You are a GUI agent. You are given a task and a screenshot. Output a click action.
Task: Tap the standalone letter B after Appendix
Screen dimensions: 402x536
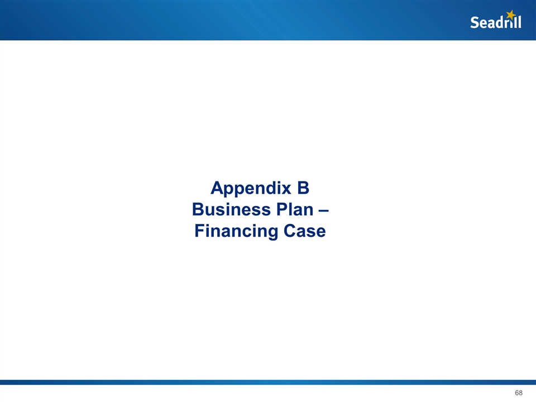coord(302,188)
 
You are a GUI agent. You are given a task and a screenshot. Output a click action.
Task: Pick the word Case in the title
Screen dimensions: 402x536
coord(303,231)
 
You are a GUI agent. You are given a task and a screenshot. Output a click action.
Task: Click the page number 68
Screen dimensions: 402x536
coord(519,393)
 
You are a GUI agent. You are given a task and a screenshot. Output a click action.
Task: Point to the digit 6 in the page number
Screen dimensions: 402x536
coord(516,393)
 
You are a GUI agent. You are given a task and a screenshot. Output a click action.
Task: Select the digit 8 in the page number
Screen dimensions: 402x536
coord(521,393)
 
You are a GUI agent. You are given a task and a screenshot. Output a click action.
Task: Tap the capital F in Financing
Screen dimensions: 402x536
coord(199,231)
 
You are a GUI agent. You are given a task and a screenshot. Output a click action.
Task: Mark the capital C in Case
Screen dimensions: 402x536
coord(289,231)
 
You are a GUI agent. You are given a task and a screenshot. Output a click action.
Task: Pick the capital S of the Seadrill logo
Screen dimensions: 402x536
coord(475,23)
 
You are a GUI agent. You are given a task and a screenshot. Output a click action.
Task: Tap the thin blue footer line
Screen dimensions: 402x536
coord(268,382)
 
